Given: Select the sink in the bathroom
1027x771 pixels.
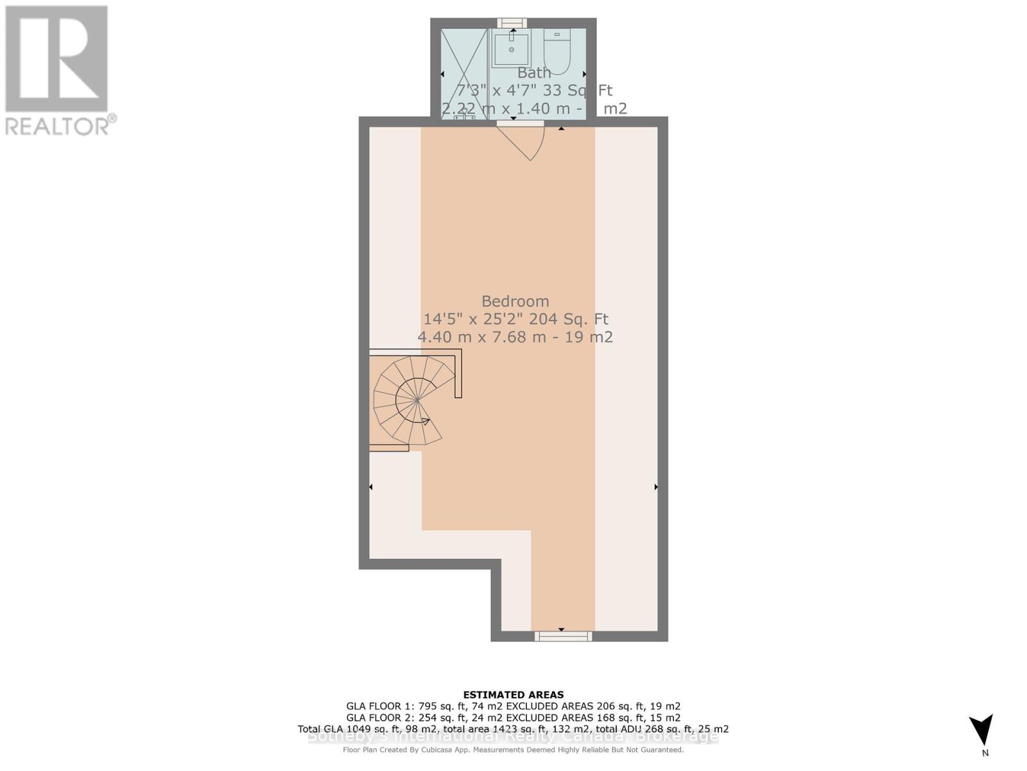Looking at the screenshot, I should [512, 48].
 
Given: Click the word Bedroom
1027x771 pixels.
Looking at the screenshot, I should [515, 301].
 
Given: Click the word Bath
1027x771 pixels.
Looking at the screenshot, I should [534, 73].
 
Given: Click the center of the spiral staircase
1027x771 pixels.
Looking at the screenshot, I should [417, 400].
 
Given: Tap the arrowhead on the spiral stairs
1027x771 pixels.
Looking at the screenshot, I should [426, 421].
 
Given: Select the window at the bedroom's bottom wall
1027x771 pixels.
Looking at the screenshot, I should [564, 636].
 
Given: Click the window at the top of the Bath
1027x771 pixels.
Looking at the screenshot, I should [512, 23].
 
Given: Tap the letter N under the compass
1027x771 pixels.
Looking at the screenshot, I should [985, 753].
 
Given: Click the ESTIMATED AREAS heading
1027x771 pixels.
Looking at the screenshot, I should [513, 695].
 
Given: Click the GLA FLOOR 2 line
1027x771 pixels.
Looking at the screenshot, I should [513, 718].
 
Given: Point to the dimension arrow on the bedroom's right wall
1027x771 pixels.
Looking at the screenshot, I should [656, 487].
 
